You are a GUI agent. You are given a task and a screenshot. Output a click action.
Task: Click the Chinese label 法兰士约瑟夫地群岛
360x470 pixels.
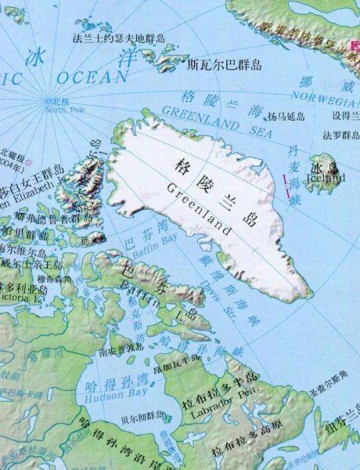[x=119, y=38]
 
